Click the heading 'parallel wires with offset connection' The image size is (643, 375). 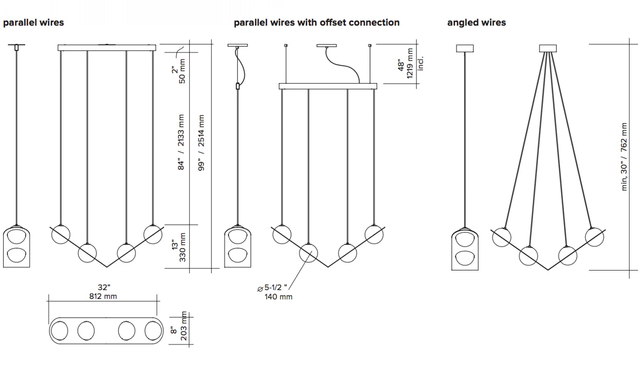click(x=317, y=22)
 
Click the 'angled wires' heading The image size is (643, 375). click(x=476, y=22)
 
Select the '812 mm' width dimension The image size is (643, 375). click(x=103, y=296)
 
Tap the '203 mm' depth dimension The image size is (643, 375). click(x=183, y=326)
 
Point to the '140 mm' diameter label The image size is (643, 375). click(x=279, y=297)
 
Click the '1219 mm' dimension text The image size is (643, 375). click(x=410, y=63)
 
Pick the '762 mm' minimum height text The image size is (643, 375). click(x=624, y=137)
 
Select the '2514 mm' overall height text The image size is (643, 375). click(x=201, y=131)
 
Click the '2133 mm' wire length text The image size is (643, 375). click(x=181, y=131)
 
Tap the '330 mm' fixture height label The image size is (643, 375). click(x=183, y=247)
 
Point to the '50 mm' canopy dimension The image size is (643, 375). click(x=182, y=71)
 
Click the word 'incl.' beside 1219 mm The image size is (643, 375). click(x=421, y=64)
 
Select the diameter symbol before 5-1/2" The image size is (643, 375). click(x=260, y=289)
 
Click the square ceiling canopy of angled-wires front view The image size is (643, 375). click(x=548, y=48)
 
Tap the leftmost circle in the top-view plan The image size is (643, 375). click(x=59, y=331)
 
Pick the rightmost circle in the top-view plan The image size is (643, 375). click(x=153, y=331)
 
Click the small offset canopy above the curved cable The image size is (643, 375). click(x=327, y=46)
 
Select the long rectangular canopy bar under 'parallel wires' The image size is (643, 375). click(x=107, y=48)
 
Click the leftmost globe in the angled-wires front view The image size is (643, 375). click(x=502, y=237)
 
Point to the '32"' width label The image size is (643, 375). click(x=104, y=288)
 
